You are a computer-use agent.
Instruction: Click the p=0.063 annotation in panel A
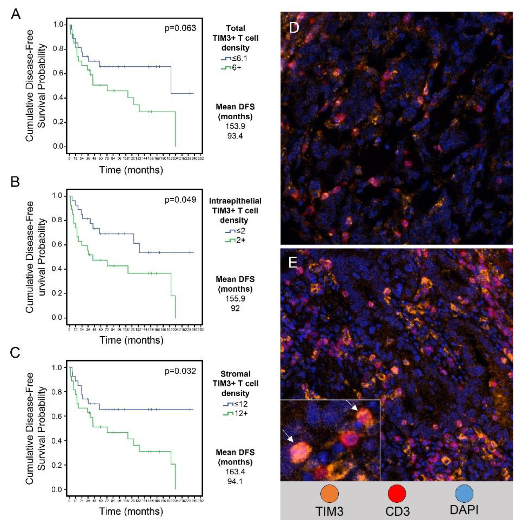[x=180, y=28]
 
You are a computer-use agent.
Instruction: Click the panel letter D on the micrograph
[x=294, y=28]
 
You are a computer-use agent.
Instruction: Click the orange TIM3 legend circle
[x=329, y=494]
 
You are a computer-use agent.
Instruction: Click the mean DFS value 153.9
[x=235, y=126]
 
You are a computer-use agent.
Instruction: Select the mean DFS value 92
[x=235, y=308]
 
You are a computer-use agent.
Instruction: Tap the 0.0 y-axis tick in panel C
[x=58, y=489]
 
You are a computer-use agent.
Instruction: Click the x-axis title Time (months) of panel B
[x=131, y=340]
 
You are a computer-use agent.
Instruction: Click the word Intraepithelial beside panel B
[x=235, y=201]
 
